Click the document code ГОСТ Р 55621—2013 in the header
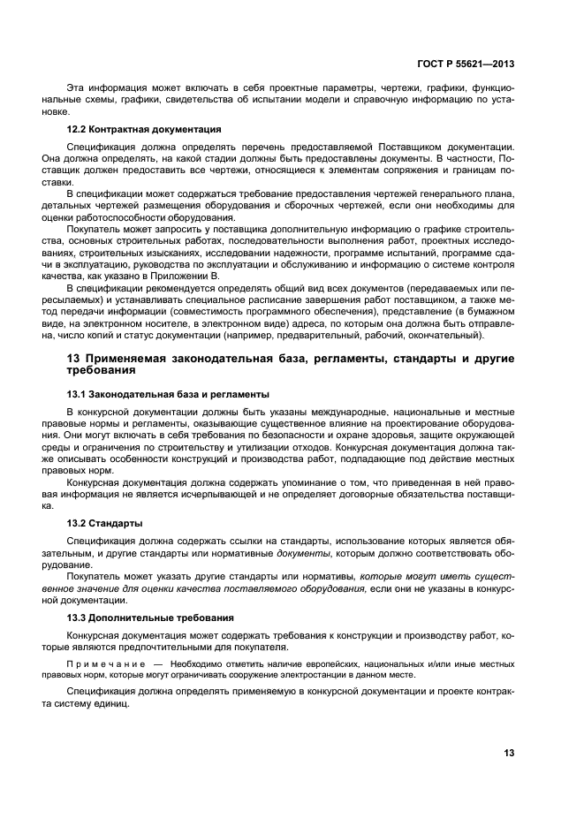click(465, 64)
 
